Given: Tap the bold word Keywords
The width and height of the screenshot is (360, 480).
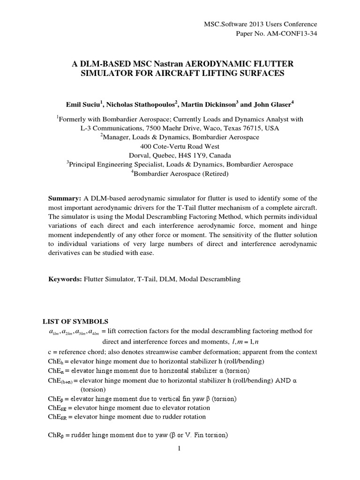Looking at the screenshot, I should [x=65, y=279].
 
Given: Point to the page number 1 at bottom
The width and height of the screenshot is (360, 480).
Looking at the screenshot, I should [x=180, y=448].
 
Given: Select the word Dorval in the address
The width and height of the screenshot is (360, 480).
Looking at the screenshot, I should [x=139, y=155].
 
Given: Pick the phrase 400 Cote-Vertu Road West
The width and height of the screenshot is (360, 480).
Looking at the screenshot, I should [x=180, y=146].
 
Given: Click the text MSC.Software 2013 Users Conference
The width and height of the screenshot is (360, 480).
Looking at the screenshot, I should [x=261, y=24].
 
